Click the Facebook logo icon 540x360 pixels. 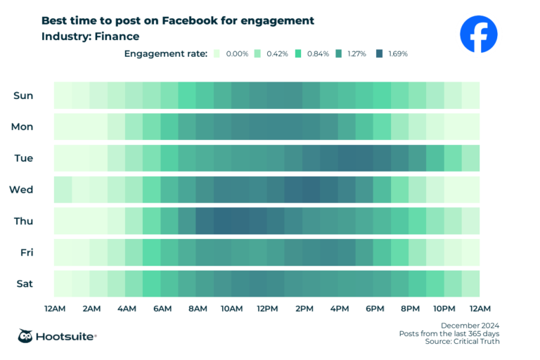coord(478,34)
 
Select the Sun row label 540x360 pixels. coord(23,96)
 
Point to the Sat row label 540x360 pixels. coord(23,284)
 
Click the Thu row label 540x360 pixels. coord(23,221)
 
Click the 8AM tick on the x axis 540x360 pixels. coord(198,309)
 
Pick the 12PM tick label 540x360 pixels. coord(268,309)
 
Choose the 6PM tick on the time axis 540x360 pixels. coord(374,309)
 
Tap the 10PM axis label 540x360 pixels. coord(444,309)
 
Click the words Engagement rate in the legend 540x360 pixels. coord(166,53)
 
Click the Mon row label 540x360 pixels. coord(22,127)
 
